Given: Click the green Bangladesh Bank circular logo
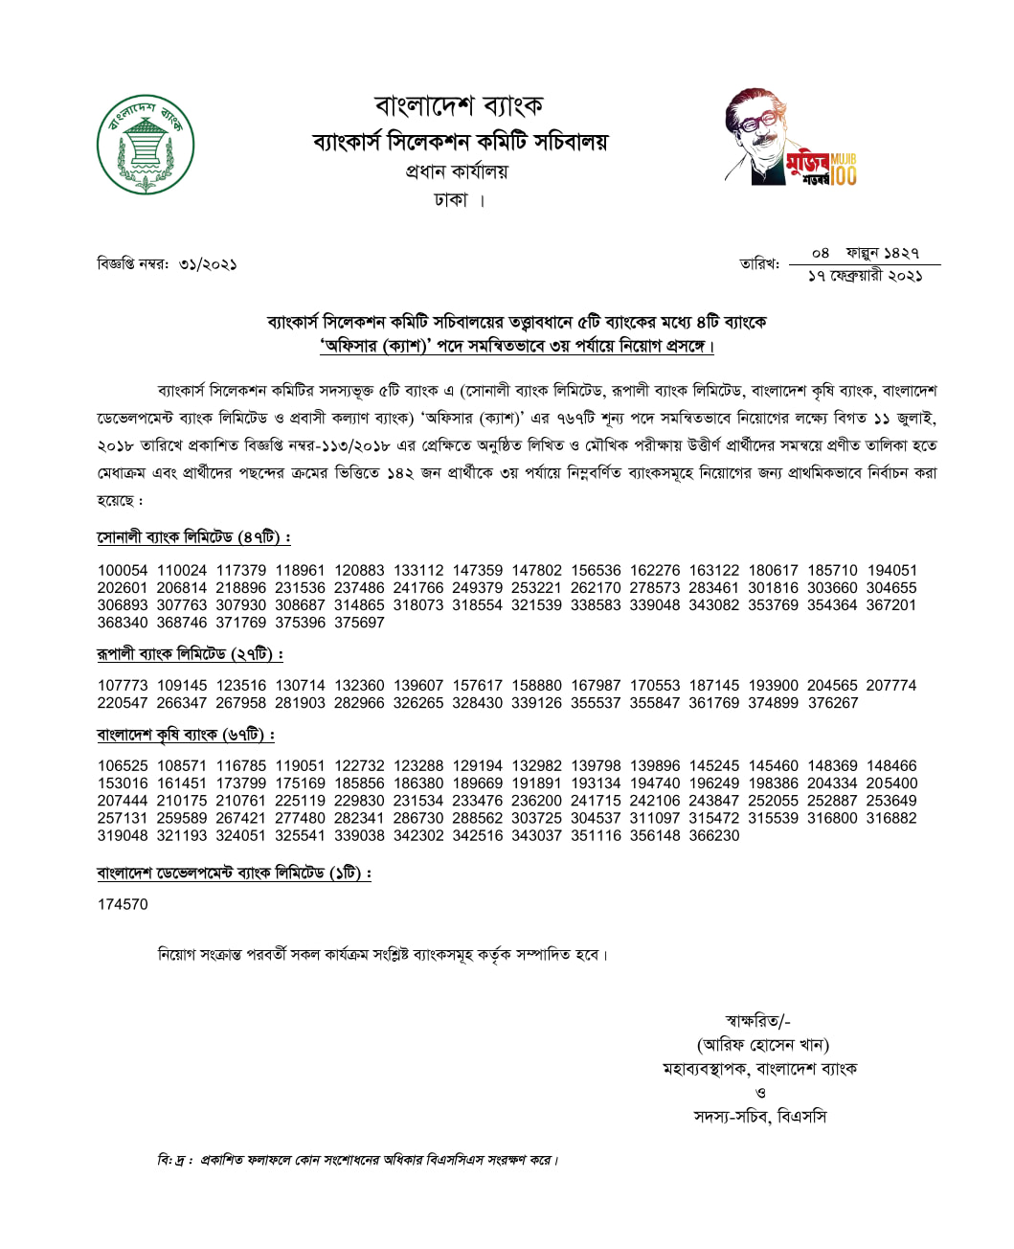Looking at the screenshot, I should [x=146, y=146].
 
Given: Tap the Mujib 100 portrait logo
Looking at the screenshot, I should [x=789, y=138].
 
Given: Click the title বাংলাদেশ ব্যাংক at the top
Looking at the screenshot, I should [x=459, y=104].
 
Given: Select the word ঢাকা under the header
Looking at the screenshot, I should [x=451, y=200].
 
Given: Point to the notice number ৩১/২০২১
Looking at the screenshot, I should [x=208, y=263].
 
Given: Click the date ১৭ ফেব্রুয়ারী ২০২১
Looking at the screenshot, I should [x=865, y=276].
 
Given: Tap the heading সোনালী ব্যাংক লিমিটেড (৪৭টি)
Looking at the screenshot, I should [x=193, y=537].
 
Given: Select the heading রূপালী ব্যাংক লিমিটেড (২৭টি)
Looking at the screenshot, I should [x=190, y=654].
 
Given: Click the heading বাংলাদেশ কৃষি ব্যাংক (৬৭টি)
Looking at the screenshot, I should [x=186, y=735].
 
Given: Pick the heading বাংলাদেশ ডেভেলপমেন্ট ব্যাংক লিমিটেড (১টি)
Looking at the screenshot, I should [x=234, y=873].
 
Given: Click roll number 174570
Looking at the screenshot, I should [x=123, y=904].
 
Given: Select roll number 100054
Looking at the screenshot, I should [x=123, y=570].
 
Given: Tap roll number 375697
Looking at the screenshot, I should [x=359, y=623].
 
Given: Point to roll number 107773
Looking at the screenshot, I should [x=123, y=686].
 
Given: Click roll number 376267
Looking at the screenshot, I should [x=833, y=703].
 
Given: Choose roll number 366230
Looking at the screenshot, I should [x=714, y=835].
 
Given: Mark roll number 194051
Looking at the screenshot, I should [x=891, y=570].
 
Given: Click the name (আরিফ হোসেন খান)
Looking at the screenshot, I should [x=762, y=1044].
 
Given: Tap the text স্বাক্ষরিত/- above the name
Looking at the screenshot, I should [x=758, y=1020].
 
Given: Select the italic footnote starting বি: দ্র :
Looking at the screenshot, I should [x=358, y=1160].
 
